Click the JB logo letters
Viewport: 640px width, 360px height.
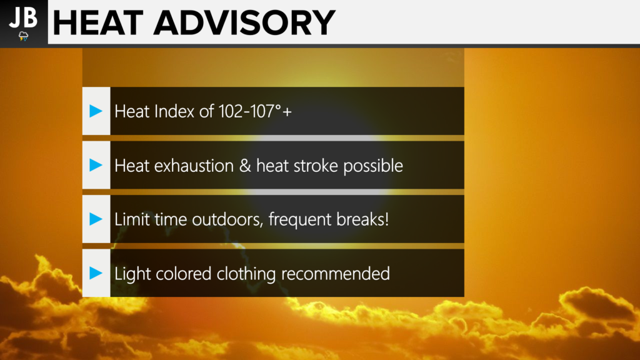point(23,17)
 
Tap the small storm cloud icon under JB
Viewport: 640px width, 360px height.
point(24,36)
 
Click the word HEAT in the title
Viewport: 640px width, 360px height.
point(98,23)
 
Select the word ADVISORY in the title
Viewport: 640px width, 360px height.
point(244,23)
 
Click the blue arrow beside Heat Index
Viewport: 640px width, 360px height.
point(96,111)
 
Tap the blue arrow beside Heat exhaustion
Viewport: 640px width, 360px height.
point(96,165)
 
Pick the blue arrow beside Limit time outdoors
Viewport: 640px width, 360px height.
point(96,219)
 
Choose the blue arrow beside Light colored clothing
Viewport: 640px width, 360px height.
point(96,273)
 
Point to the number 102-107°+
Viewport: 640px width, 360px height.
point(255,111)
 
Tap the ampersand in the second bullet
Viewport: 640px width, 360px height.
point(245,166)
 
